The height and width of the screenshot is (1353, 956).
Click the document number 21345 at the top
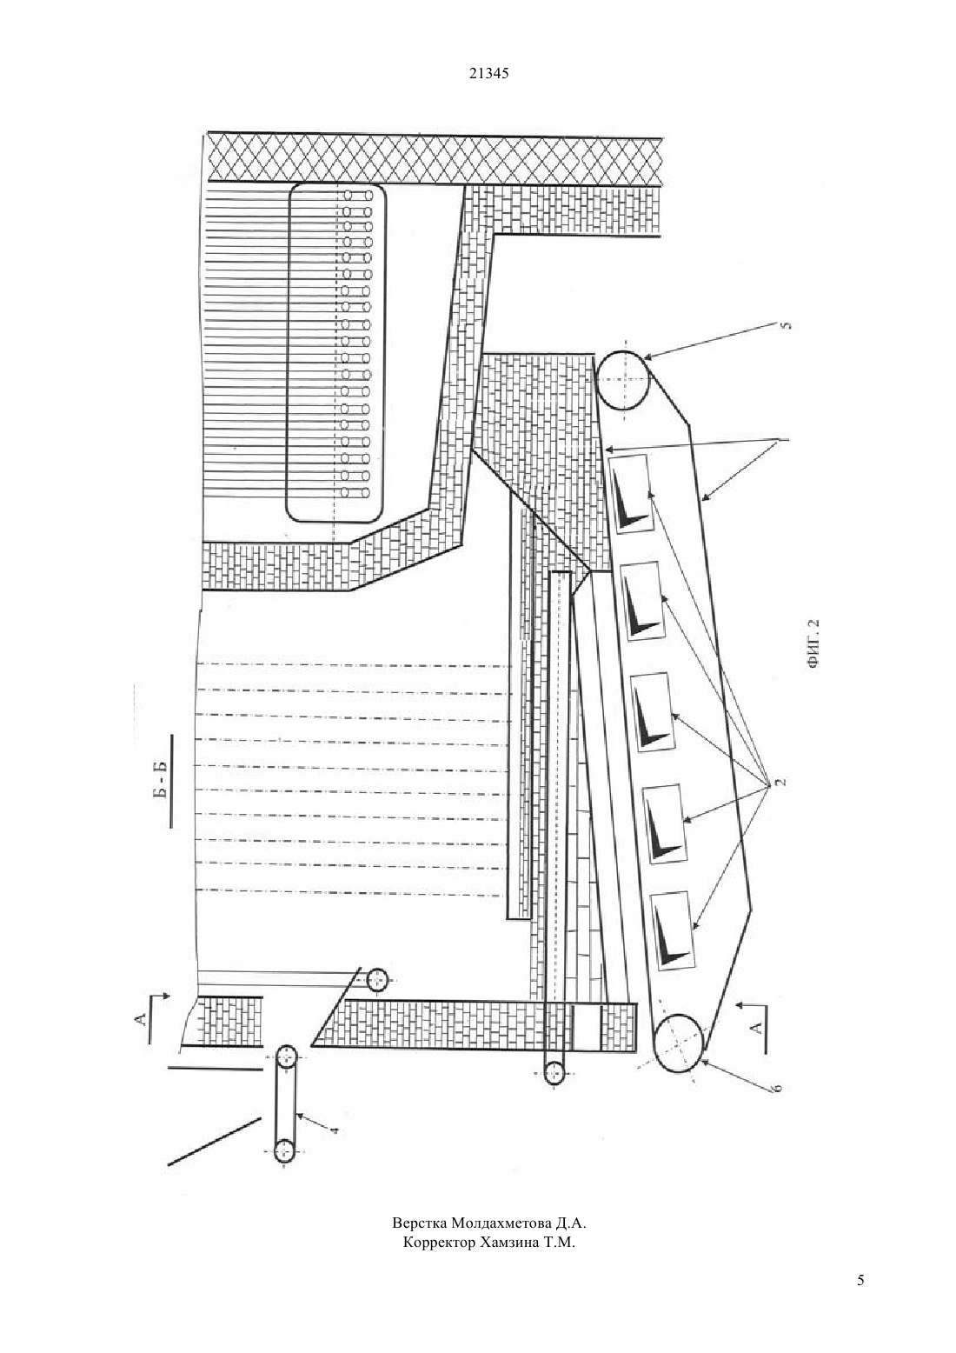488,73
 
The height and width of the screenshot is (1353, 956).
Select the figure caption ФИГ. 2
815,643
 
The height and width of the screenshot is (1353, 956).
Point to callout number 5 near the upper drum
786,327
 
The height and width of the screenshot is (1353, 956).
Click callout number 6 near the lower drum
778,1087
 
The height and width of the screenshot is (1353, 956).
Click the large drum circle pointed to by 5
623,379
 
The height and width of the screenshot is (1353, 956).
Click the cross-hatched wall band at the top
435,159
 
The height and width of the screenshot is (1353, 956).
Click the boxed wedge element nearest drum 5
632,494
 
